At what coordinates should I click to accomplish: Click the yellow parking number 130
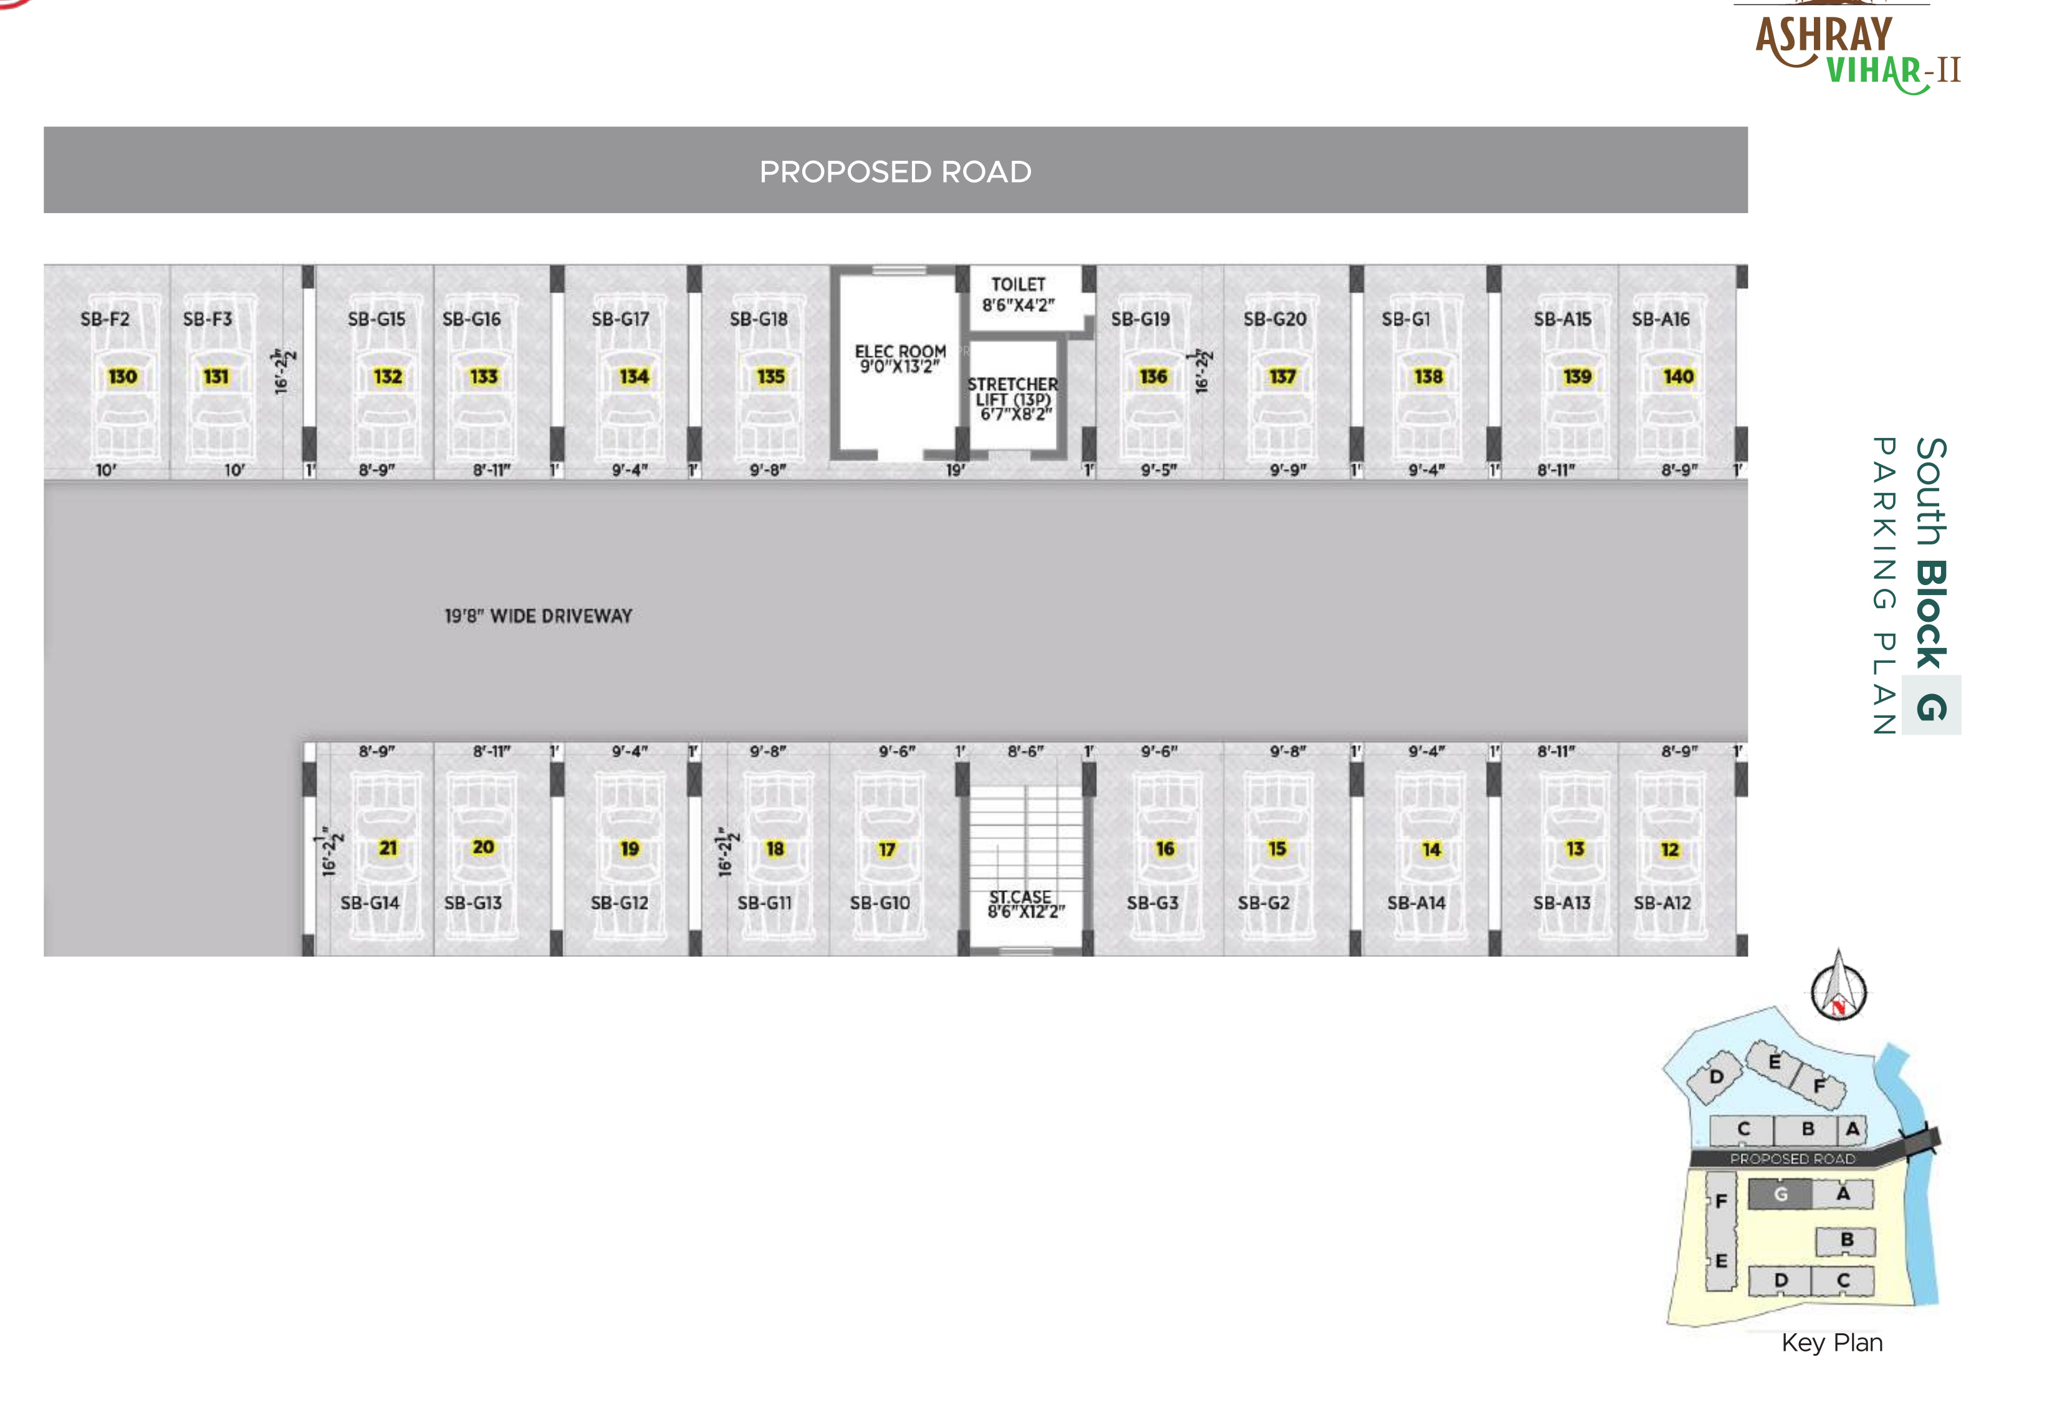coord(122,377)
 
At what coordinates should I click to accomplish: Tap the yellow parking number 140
coord(1678,377)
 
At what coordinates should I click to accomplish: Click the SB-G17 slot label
coord(620,320)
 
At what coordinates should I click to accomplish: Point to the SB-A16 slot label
coord(1661,320)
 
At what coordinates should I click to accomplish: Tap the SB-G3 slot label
coord(1153,903)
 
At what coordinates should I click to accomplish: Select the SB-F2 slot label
coord(105,320)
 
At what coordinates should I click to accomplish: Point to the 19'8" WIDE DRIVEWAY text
coord(538,617)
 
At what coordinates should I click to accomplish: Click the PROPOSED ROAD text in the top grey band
coord(895,171)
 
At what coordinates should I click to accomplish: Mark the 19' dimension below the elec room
coord(955,470)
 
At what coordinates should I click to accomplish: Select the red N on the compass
coord(1838,1006)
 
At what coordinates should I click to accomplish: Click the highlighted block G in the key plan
coord(1780,1194)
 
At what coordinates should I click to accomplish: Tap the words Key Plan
coord(1831,1343)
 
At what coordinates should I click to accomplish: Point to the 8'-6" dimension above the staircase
coord(1025,751)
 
